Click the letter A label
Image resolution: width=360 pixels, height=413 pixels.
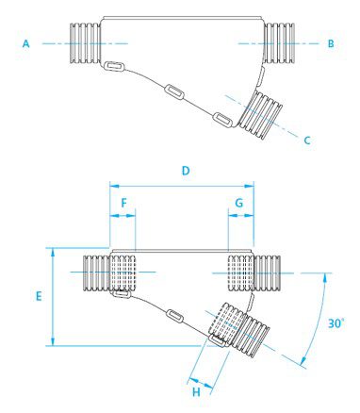pos(26,43)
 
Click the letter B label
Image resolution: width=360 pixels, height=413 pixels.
pos(331,43)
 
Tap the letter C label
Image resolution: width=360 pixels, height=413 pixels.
pos(307,140)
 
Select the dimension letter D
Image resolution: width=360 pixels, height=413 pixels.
pos(186,171)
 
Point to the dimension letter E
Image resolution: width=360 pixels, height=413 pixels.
pos(39,296)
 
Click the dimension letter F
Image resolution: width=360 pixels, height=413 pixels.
pos(124,203)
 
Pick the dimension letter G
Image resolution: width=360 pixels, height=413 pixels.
pos(239,203)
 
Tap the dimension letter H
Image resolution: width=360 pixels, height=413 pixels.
pos(196,392)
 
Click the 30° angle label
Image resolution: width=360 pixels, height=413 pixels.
pos(335,323)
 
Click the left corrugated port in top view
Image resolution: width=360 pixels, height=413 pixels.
pos(85,44)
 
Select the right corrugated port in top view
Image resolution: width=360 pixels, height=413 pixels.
pos(279,43)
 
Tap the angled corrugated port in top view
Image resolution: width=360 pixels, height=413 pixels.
pos(261,115)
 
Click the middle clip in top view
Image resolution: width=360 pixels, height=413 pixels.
pos(174,91)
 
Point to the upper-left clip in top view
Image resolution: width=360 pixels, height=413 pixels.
pos(114,66)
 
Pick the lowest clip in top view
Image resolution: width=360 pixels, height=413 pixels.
pos(222,120)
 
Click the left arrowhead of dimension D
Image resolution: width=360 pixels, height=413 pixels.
pos(113,186)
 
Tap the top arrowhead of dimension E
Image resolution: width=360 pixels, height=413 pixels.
pos(53,252)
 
